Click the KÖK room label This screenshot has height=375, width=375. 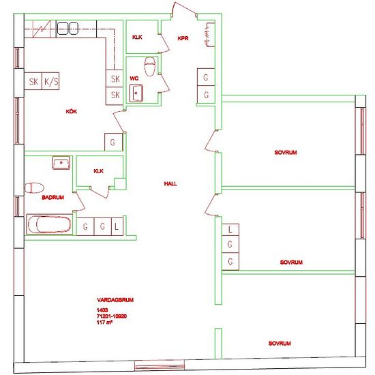[x=70, y=111]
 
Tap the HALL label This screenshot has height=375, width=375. [x=170, y=184]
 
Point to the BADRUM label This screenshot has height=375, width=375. [x=33, y=197]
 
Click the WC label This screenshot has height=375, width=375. [x=134, y=78]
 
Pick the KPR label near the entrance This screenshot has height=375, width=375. [x=183, y=38]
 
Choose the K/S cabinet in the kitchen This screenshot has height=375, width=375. [x=51, y=82]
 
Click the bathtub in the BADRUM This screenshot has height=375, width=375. [x=48, y=224]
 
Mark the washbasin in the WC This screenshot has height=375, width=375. [x=139, y=91]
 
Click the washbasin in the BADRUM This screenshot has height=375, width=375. [x=61, y=163]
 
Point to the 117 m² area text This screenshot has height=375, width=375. [x=104, y=322]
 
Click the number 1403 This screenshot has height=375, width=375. [x=102, y=310]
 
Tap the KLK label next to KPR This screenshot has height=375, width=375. [x=137, y=38]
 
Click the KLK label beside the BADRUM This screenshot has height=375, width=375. [x=99, y=171]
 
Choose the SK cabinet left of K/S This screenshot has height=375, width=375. [x=33, y=82]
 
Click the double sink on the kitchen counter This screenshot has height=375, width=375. [x=67, y=28]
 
